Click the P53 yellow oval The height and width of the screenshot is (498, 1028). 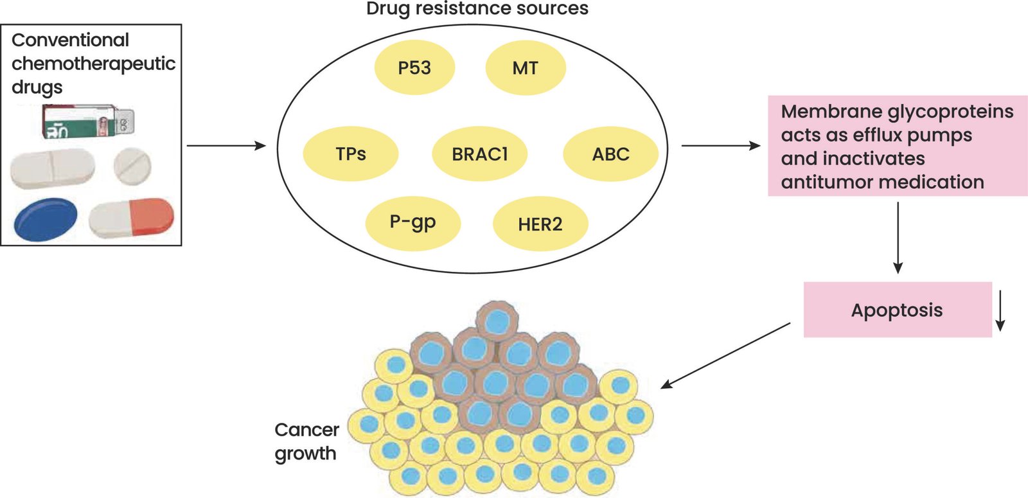(414, 67)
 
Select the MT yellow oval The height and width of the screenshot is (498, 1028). (526, 68)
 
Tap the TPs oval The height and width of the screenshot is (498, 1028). (351, 154)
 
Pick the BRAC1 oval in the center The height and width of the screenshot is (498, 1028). (479, 154)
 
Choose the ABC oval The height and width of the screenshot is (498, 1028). (611, 154)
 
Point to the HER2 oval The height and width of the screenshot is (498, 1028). (540, 224)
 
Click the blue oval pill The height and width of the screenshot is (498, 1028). (46, 219)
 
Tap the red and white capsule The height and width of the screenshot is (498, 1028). (131, 218)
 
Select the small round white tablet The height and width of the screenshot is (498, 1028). (132, 166)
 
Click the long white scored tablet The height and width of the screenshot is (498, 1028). (52, 168)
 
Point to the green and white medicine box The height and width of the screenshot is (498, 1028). (89, 121)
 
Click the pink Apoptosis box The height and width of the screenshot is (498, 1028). (898, 310)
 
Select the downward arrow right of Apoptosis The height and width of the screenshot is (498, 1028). (1000, 311)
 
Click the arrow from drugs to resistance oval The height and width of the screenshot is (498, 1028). (226, 146)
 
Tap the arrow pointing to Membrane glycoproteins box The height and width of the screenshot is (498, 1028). (721, 146)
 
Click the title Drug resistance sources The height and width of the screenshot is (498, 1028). (477, 9)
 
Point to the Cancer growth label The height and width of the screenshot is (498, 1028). (306, 441)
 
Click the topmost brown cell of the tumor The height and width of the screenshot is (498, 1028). (497, 321)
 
